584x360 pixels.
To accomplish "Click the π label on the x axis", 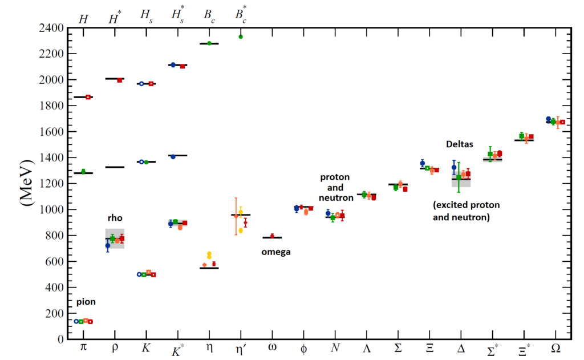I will pyautogui.click(x=83, y=348).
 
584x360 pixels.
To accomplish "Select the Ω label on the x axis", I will pyautogui.click(x=556, y=348).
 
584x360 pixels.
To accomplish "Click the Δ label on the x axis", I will pyautogui.click(x=460, y=348).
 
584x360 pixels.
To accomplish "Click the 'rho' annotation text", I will pyautogui.click(x=115, y=218).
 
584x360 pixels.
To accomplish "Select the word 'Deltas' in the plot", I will pyautogui.click(x=460, y=145).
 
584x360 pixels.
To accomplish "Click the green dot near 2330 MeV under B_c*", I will pyautogui.click(x=241, y=37).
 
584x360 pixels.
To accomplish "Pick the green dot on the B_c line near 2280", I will pyautogui.click(x=209, y=43).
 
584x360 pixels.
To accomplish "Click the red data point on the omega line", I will pyautogui.click(x=273, y=236).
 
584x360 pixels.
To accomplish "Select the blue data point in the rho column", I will pyautogui.click(x=108, y=245).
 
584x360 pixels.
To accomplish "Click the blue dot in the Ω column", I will pyautogui.click(x=549, y=119).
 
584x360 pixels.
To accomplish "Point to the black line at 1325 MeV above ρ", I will pyautogui.click(x=115, y=167).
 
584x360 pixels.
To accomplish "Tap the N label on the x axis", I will pyautogui.click(x=335, y=348).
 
